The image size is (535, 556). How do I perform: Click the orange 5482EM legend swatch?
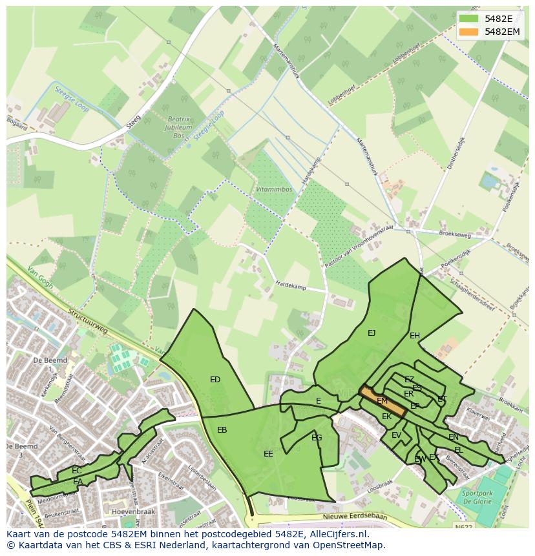470,32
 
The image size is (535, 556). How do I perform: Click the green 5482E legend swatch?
470,18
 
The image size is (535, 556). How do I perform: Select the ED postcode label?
215,380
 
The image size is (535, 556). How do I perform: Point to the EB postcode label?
222,430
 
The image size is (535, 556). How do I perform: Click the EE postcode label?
268,454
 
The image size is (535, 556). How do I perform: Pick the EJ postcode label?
372,333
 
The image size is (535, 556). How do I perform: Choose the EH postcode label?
415,336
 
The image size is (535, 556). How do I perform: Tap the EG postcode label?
317,438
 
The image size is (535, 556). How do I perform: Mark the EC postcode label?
77,471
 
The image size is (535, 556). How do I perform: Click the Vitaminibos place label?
271,190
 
